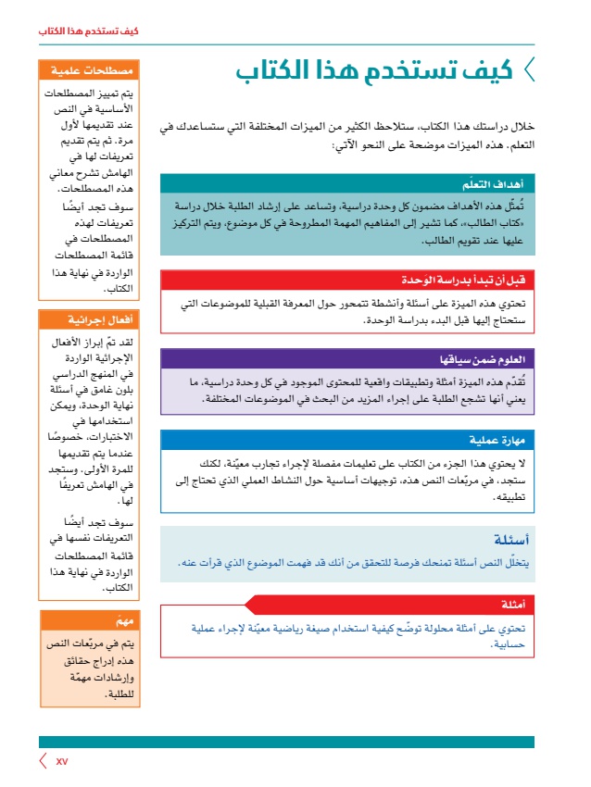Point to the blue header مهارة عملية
tap(497, 439)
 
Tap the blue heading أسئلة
tap(509, 541)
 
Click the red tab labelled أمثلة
tap(512, 606)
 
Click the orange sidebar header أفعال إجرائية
tap(95, 320)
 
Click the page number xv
tap(62, 761)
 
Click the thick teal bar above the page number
tap(286, 742)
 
